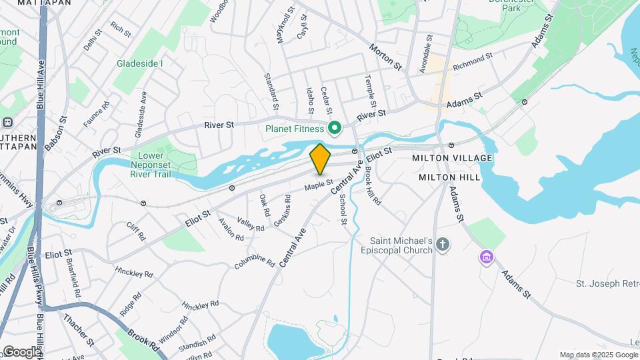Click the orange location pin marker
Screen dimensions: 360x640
coord(320,159)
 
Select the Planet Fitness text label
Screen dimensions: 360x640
coord(294,129)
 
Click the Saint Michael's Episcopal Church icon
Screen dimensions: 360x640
coord(443,246)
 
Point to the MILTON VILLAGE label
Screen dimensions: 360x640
coord(452,158)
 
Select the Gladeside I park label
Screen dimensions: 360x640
coord(140,63)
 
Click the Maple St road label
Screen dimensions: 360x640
coord(319,185)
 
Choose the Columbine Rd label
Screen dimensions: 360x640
coord(255,262)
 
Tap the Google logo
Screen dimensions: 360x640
coord(21,351)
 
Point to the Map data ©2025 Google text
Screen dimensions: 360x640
coord(598,355)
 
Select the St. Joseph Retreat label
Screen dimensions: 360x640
coord(607,284)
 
